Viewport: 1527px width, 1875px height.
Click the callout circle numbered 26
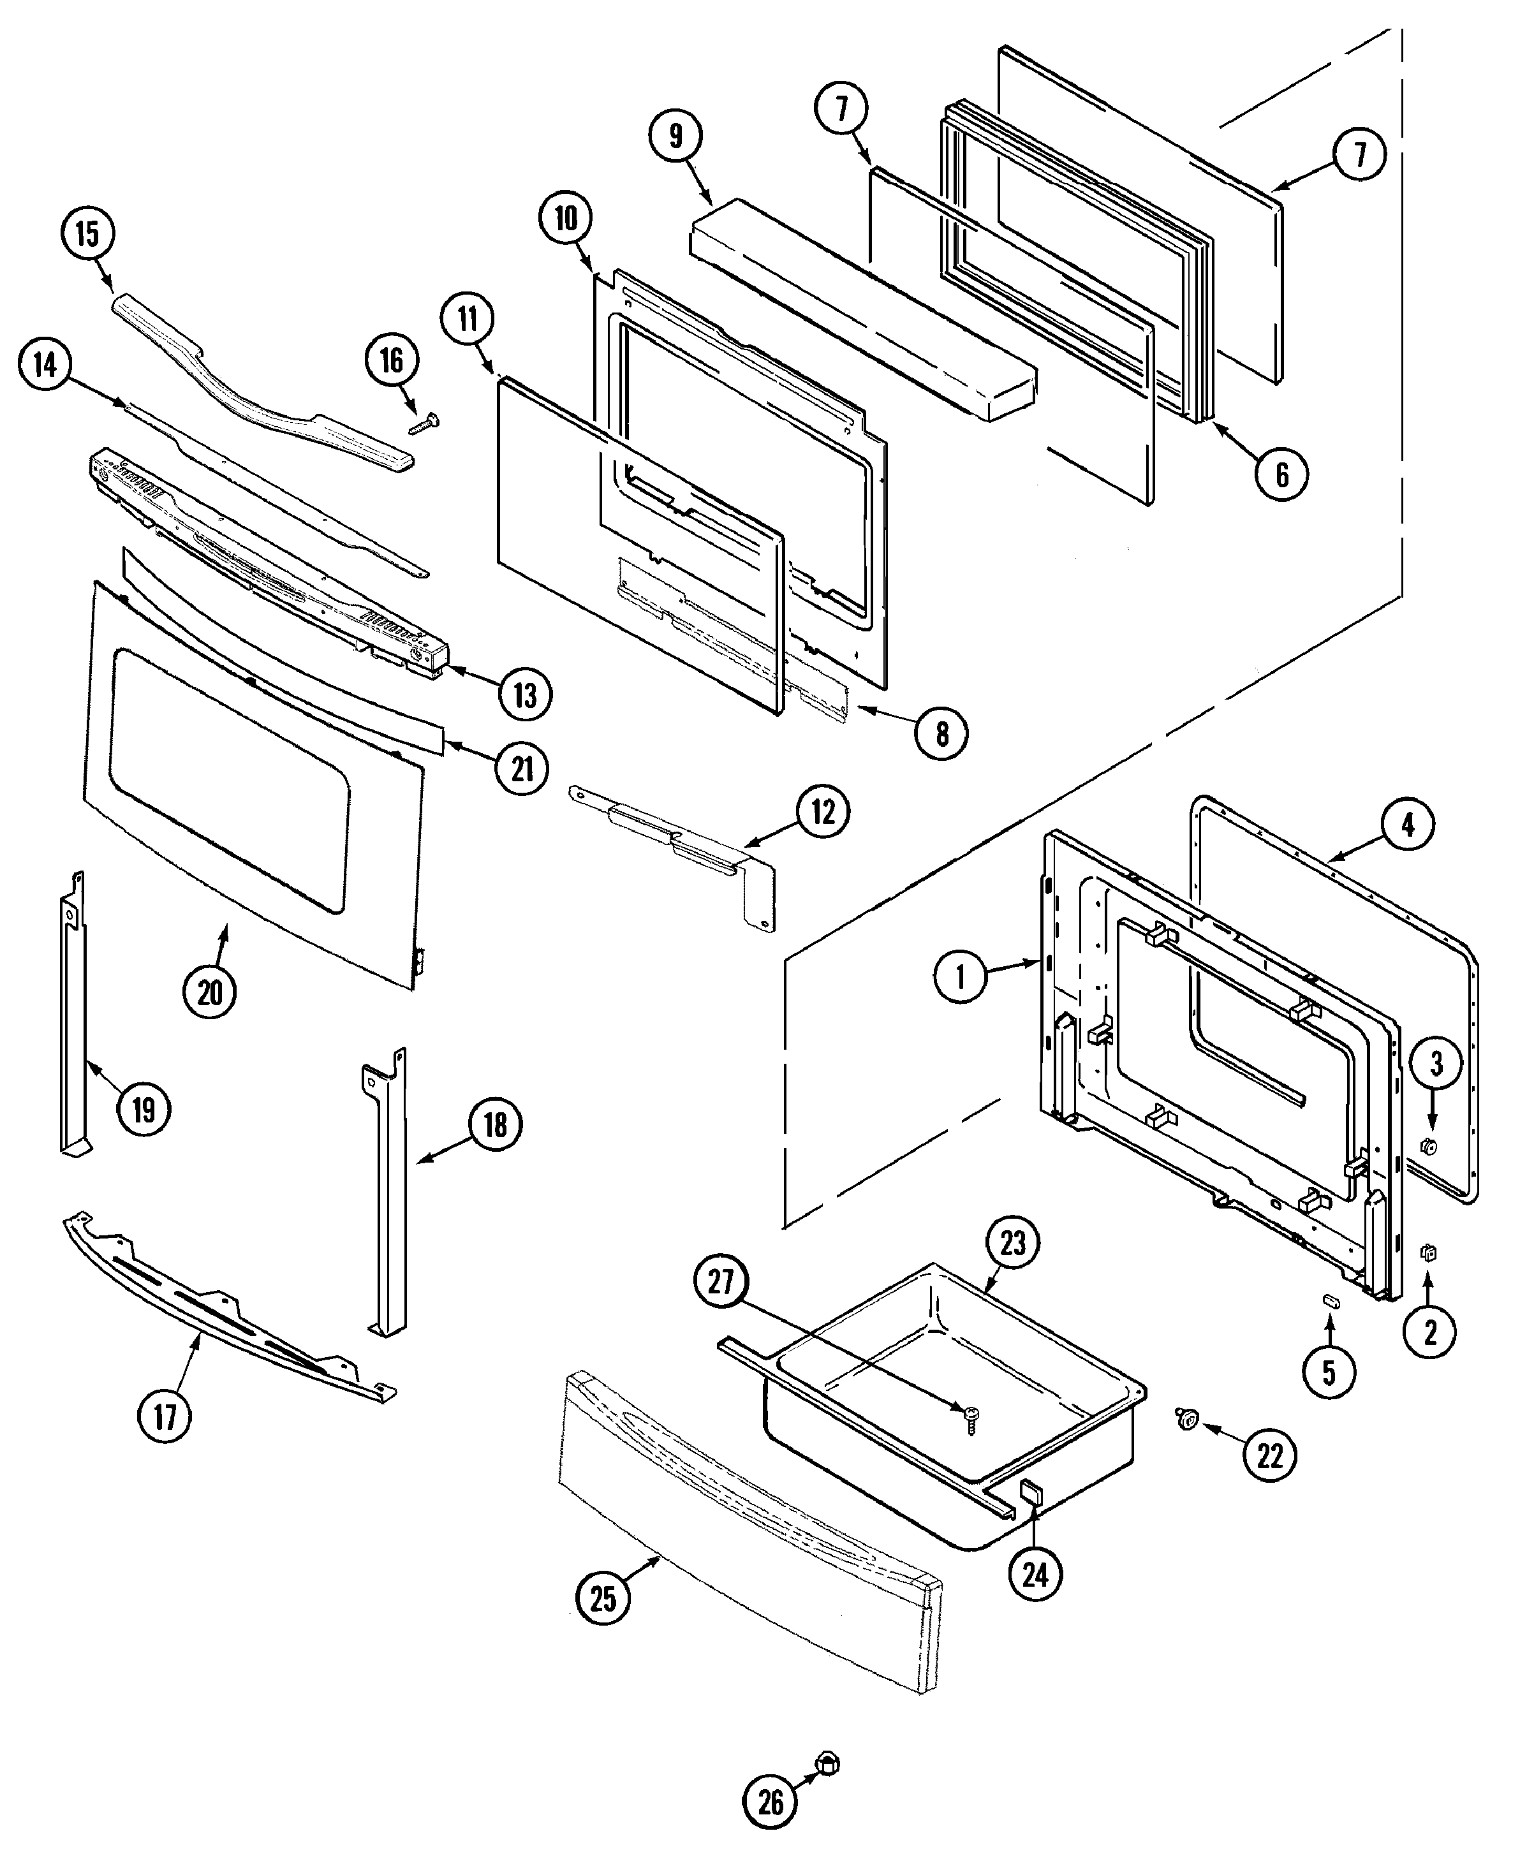[x=771, y=1802]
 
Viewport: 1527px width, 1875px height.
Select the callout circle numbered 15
[x=88, y=234]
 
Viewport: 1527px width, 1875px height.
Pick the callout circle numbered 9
[x=675, y=136]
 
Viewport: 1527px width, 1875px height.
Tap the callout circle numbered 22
[x=1270, y=1457]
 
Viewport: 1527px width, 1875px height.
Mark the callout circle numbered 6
[x=1281, y=475]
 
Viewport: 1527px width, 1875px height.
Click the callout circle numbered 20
[x=209, y=993]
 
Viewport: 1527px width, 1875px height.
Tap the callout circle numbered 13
[x=525, y=695]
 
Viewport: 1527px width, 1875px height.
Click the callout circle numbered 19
[x=144, y=1110]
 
